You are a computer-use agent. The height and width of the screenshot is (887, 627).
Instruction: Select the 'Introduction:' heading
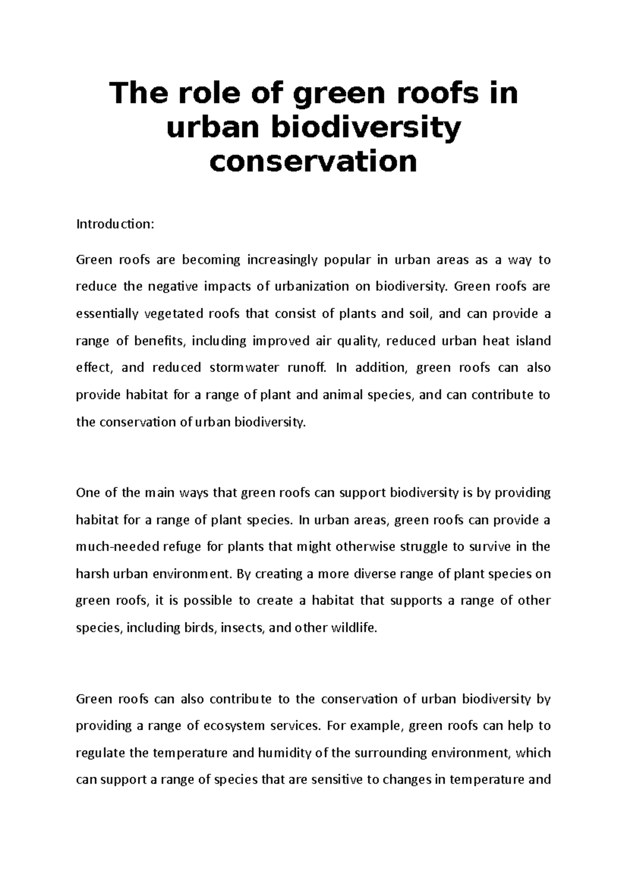tap(115, 224)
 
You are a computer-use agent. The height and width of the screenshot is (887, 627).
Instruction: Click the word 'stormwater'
tap(244, 368)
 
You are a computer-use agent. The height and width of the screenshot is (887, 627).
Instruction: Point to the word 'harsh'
tap(91, 574)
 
